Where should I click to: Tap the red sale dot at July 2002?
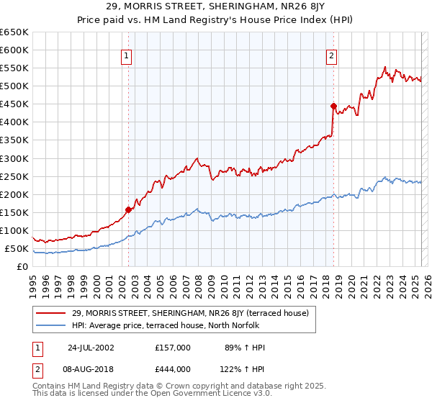coord(129,210)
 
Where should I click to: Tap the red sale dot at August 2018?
coord(333,106)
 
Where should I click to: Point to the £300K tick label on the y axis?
coord(14,158)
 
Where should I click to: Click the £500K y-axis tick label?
coord(14,86)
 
